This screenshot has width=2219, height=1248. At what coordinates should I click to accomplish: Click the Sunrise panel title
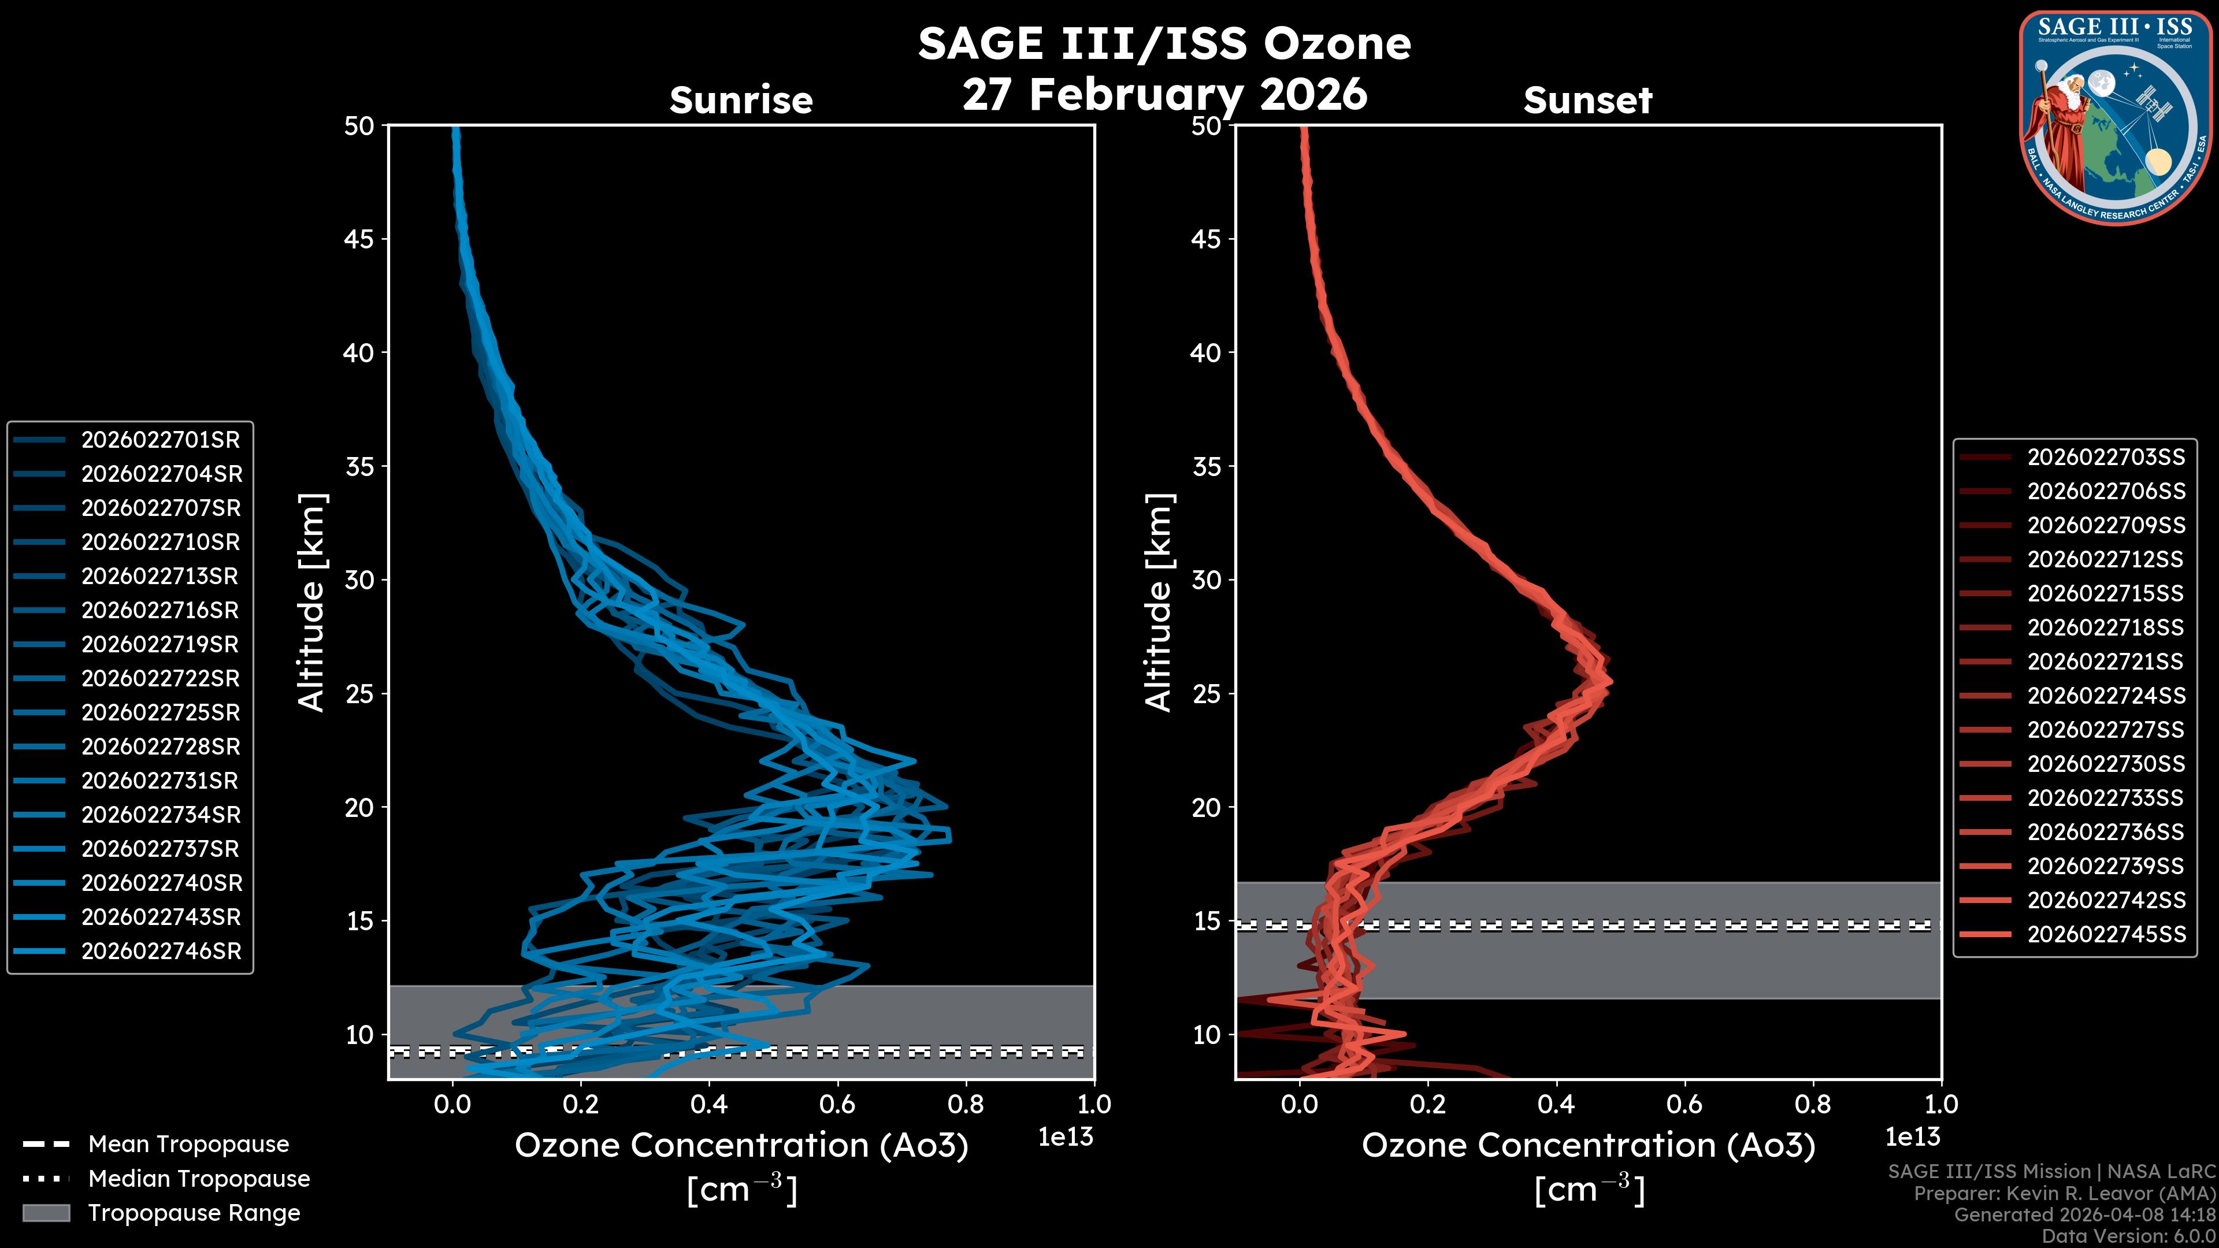tap(741, 100)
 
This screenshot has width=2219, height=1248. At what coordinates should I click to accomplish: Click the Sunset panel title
tap(1587, 100)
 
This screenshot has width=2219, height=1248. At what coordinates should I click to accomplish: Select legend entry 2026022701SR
tap(160, 440)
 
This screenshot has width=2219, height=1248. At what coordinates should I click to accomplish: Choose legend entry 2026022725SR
tap(160, 713)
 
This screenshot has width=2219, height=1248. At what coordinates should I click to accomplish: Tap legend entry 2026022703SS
tap(2106, 458)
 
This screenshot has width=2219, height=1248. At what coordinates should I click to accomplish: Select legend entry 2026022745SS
tap(2106, 934)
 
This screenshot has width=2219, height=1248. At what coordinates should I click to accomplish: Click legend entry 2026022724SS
tap(2106, 696)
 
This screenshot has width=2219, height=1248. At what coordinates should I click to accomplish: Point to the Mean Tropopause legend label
tap(188, 1145)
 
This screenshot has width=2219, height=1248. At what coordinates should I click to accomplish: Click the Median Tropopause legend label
tap(199, 1179)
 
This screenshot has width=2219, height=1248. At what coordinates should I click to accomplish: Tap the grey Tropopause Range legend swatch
tap(46, 1213)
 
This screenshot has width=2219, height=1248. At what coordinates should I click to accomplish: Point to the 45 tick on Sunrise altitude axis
tap(359, 239)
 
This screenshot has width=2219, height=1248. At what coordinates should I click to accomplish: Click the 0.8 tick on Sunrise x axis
tap(965, 1104)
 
